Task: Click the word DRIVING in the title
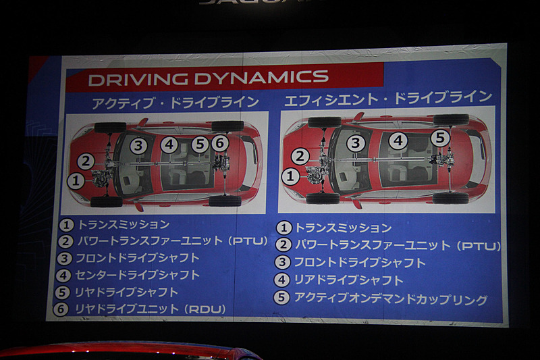pos(138,79)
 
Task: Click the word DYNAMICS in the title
pos(261,77)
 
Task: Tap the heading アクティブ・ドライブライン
pos(175,103)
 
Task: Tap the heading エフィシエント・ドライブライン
pos(388,98)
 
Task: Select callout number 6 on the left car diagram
pos(220,143)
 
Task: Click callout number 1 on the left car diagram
pos(76,181)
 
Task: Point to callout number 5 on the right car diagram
pos(441,138)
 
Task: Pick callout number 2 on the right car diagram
pos(300,157)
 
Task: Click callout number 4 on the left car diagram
pos(169,145)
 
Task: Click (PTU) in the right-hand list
pos(479,246)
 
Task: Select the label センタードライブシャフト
pos(138,275)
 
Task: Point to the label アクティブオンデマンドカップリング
pos(390,299)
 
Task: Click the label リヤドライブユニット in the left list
pos(127,309)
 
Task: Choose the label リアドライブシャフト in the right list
pos(348,280)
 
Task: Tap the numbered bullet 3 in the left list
pos(64,259)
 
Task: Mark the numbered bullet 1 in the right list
pos(283,228)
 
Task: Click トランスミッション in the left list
pos(124,225)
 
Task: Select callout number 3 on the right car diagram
pos(356,143)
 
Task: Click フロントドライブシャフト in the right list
pos(360,263)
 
